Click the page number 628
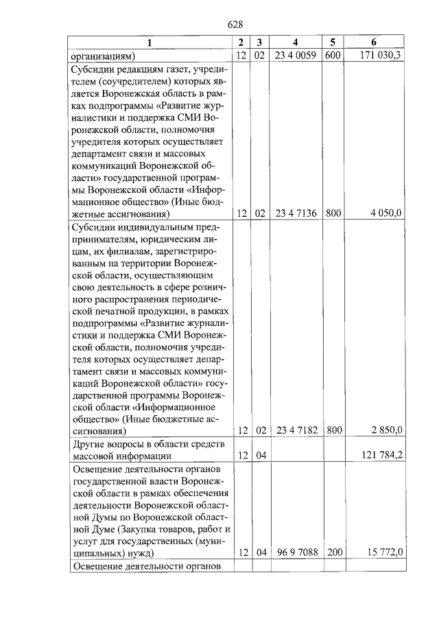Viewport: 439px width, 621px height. (236, 26)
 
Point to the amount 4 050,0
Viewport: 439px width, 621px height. (388, 214)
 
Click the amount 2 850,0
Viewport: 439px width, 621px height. (388, 431)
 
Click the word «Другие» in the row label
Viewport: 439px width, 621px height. (88, 444)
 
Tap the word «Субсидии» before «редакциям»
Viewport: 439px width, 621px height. (94, 69)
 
